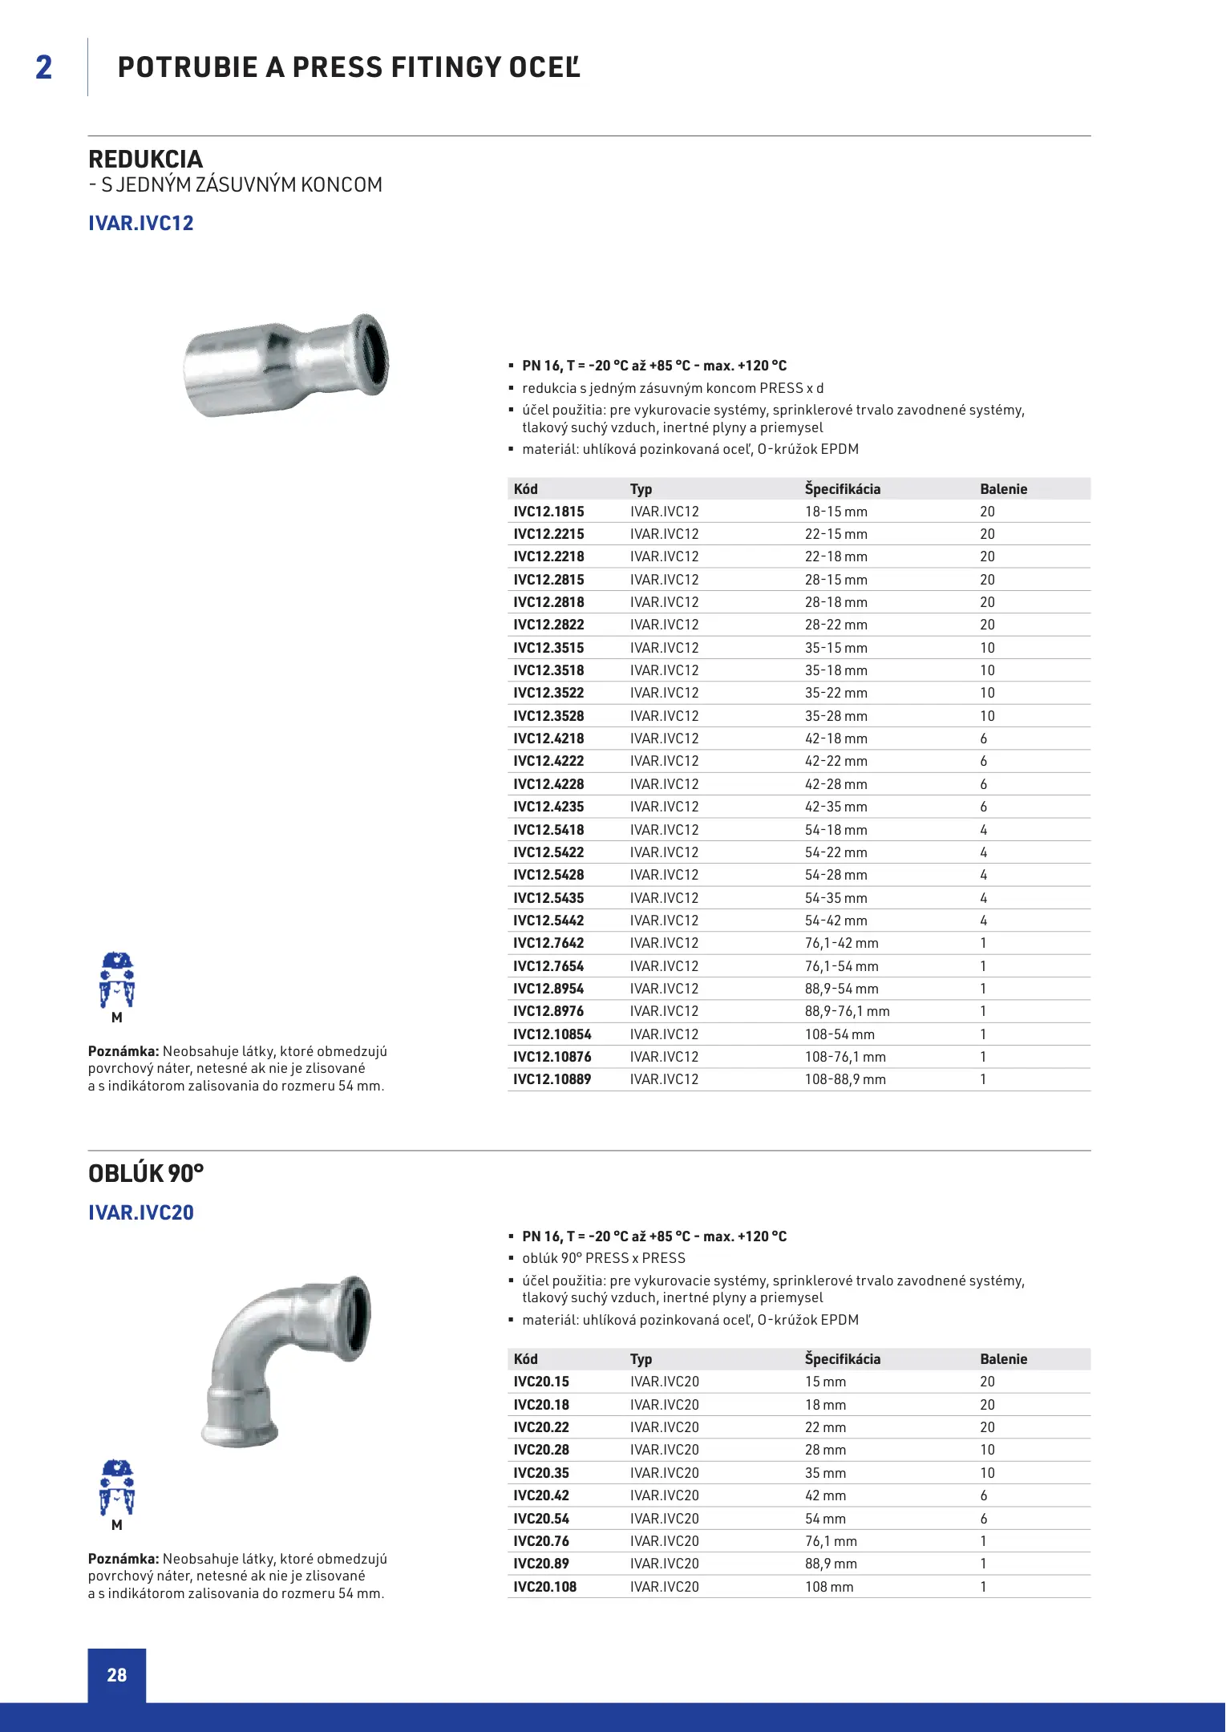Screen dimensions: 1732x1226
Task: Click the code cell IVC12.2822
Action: point(548,625)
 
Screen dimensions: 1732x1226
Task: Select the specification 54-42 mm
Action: point(836,921)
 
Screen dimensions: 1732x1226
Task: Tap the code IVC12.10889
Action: point(552,1079)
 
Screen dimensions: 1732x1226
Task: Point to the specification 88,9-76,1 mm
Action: point(847,1011)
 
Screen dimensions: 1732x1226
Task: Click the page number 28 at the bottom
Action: point(117,1674)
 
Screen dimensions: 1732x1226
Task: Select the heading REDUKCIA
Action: point(145,159)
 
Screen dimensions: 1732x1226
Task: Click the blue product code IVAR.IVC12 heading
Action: point(141,223)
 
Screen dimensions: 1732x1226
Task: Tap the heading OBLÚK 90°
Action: point(146,1174)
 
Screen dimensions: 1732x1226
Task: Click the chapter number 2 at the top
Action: point(44,67)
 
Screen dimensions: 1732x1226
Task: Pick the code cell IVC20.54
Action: point(541,1519)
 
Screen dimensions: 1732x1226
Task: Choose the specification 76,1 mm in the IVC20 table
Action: point(831,1541)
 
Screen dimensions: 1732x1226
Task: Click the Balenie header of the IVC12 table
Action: point(1003,489)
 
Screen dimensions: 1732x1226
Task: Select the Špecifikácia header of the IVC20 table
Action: point(842,1359)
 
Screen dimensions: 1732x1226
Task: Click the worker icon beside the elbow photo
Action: point(117,1489)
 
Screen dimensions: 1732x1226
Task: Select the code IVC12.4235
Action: point(548,807)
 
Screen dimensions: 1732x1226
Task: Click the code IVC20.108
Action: point(544,1587)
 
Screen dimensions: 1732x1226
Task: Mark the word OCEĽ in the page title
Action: point(544,67)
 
